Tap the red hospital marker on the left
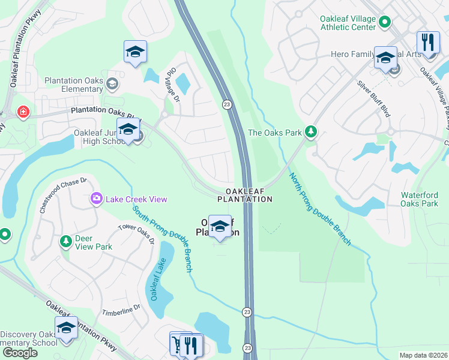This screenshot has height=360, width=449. (x=23, y=112)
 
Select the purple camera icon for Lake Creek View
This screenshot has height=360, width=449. (x=96, y=199)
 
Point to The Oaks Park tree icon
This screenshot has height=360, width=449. (x=310, y=131)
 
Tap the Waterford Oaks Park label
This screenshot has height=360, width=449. (x=419, y=199)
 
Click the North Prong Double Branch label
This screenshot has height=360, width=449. (x=320, y=209)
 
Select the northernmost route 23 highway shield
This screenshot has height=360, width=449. (x=226, y=104)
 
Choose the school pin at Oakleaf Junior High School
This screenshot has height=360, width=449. (x=128, y=129)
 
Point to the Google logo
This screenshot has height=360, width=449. (x=19, y=352)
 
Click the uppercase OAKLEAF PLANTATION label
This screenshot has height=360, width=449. (x=244, y=194)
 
